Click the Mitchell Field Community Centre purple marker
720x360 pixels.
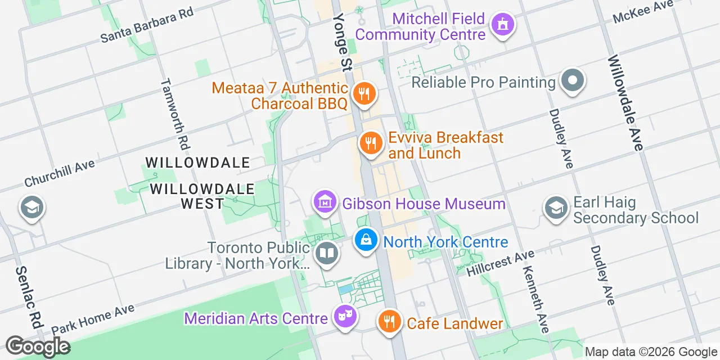point(503,25)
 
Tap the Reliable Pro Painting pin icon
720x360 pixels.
point(572,80)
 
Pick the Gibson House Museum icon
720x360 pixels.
point(325,202)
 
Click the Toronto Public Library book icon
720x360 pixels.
point(326,253)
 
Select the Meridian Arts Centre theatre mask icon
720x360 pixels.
point(345,317)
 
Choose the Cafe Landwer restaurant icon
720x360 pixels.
point(388,322)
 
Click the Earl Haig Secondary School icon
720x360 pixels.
point(556,208)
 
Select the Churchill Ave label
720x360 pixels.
point(60,173)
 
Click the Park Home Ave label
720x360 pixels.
point(93,319)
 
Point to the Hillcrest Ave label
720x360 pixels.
point(500,263)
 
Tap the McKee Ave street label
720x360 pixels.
point(643,12)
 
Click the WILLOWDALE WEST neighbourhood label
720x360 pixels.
point(202,196)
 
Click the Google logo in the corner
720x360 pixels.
point(38,346)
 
